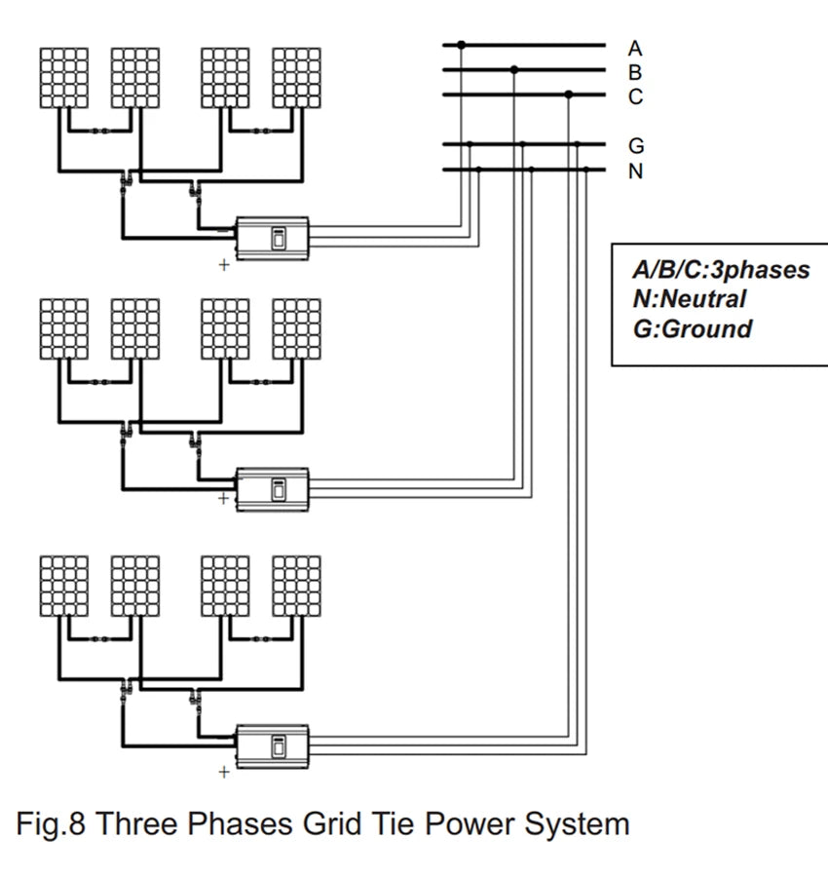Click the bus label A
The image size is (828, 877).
click(x=635, y=47)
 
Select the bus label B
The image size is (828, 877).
click(x=635, y=71)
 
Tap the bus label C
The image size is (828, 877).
click(x=635, y=96)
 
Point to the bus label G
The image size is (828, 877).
click(x=636, y=146)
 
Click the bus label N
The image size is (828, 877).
click(x=635, y=172)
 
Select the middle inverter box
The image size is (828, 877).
click(x=273, y=486)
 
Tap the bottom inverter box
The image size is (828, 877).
click(x=273, y=744)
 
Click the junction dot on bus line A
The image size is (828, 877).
click(x=462, y=45)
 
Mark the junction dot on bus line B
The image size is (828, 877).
click(x=515, y=69)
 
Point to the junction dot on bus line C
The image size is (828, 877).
click(x=569, y=95)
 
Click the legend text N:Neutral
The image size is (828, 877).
click(x=689, y=299)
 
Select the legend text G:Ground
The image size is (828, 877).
click(x=693, y=328)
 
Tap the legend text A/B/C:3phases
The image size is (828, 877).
click(x=721, y=270)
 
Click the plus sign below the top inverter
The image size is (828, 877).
click(x=224, y=264)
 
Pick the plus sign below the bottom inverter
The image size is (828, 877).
click(x=224, y=773)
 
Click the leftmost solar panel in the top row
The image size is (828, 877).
click(x=63, y=77)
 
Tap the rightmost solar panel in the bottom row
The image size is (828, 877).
click(x=296, y=586)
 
